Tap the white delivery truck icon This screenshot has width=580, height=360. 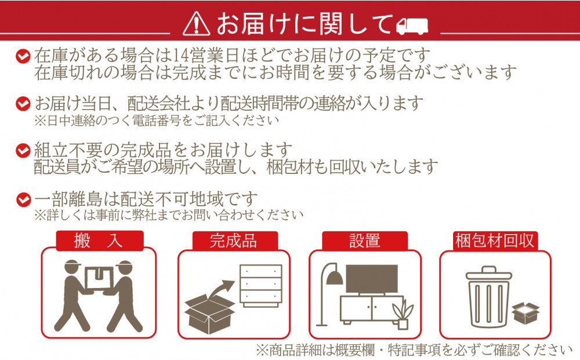(411, 25)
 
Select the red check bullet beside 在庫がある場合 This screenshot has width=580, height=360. (23, 57)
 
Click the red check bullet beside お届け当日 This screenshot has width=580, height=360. (23, 104)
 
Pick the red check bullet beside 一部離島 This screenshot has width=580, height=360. (23, 199)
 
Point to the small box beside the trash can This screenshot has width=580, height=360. (525, 314)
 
